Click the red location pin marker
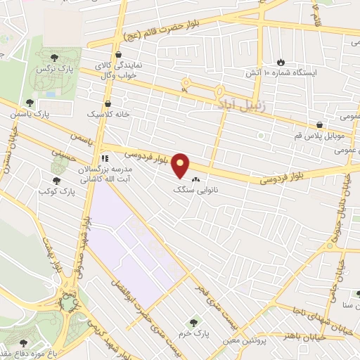[181, 165]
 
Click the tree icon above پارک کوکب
[56, 161]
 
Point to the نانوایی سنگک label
[197, 190]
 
